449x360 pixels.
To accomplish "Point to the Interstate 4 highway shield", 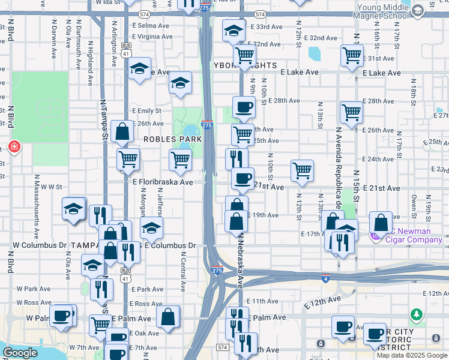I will (x=325, y=277).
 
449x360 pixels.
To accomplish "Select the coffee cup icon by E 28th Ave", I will (x=243, y=107).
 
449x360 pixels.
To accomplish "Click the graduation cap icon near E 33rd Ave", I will (x=234, y=31).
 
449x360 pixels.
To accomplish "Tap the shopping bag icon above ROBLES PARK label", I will (x=122, y=133).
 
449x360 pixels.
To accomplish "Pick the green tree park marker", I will (x=415, y=315).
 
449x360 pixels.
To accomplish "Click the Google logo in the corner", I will (x=20, y=353).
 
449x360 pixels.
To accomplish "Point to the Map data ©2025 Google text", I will (x=412, y=355).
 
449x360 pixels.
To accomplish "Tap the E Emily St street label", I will (x=147, y=111).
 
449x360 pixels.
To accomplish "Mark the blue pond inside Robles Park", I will (x=191, y=131).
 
